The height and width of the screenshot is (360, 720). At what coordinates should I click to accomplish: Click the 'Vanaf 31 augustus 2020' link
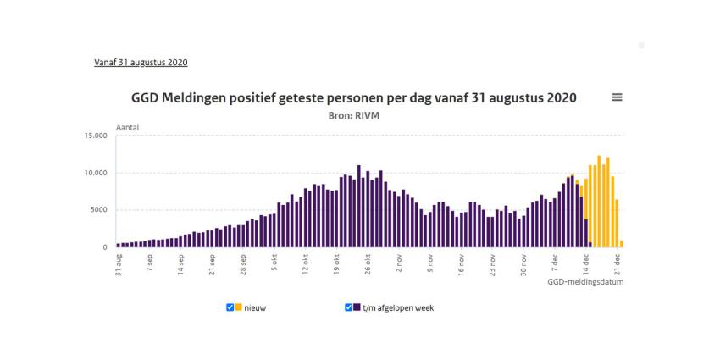pos(141,63)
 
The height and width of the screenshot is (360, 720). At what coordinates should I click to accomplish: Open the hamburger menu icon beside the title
pos(617,97)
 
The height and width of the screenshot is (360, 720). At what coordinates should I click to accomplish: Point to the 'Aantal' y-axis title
pos(127,127)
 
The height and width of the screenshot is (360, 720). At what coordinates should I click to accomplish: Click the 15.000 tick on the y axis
pos(95,136)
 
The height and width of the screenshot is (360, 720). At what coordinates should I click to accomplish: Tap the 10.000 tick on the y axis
pos(95,173)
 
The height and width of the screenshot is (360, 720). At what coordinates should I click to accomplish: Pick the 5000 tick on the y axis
pos(98,210)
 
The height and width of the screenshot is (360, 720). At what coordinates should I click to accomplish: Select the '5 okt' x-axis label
pos(274,262)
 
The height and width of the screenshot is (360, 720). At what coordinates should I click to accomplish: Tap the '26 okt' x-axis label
pos(368,263)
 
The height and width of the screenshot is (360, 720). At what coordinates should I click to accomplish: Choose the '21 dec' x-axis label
pos(618,263)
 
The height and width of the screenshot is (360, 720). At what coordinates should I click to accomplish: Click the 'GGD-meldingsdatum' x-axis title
pos(585,282)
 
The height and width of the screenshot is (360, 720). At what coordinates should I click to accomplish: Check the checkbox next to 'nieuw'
pos(230,307)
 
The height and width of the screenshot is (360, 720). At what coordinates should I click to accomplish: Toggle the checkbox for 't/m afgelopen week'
pos(349,307)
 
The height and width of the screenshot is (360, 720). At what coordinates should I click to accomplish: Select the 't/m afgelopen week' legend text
pos(398,307)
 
